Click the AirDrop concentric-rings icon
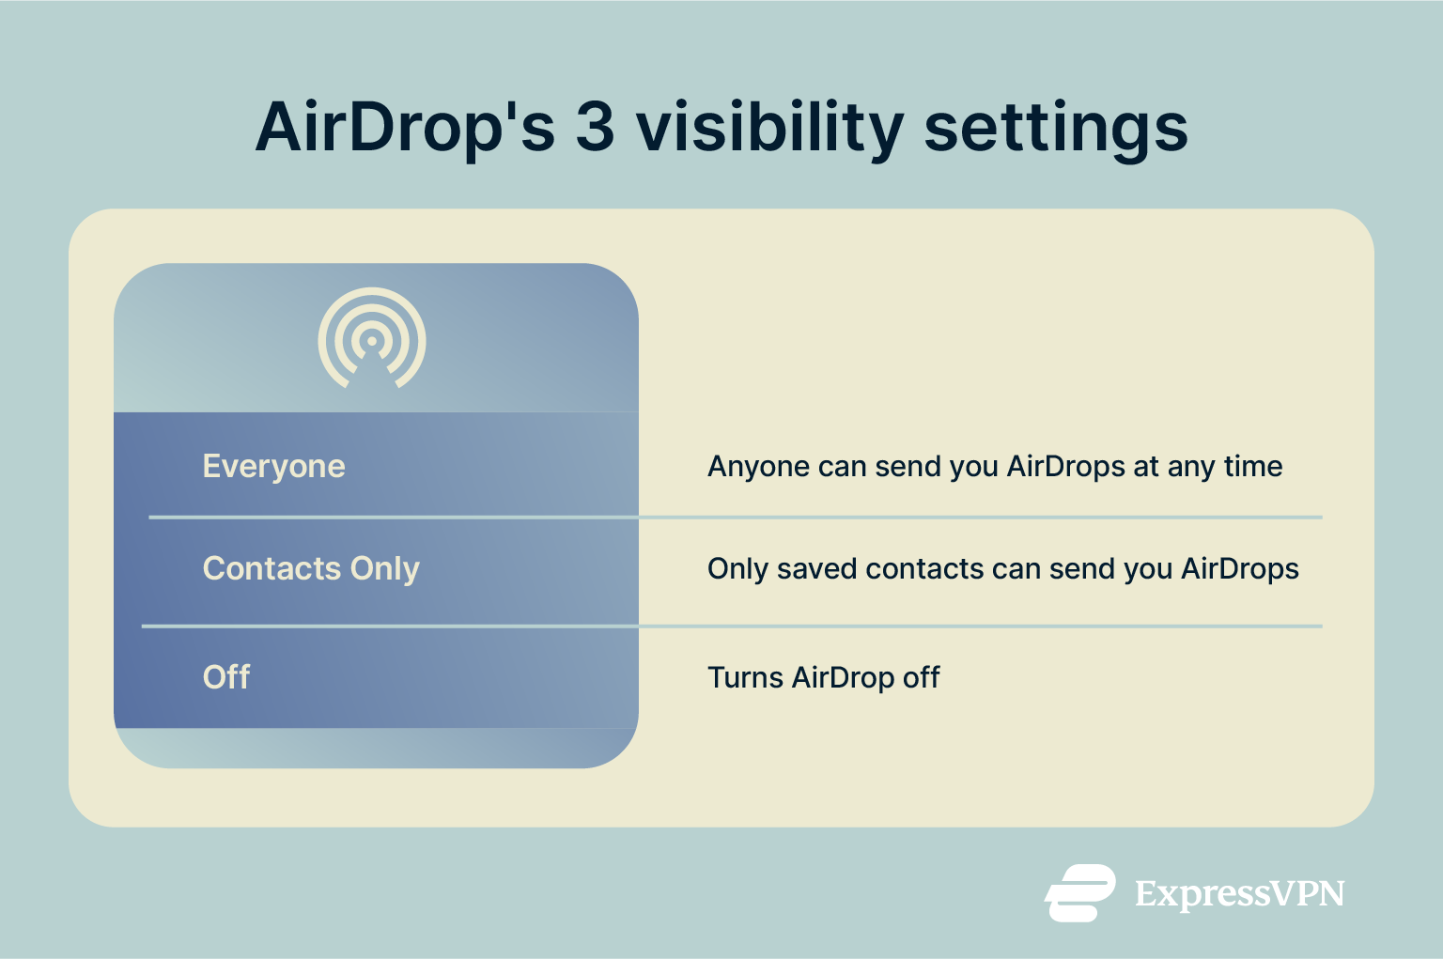click(372, 339)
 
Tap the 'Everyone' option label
click(273, 466)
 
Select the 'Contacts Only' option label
click(311, 568)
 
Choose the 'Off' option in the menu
click(226, 676)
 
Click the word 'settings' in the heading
click(1056, 128)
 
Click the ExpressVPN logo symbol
click(1080, 892)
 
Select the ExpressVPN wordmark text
click(1239, 893)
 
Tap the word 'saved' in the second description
click(816, 568)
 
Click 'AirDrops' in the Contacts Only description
click(1239, 568)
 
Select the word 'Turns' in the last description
click(745, 677)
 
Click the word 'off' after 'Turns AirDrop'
click(921, 677)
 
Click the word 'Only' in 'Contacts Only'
click(384, 569)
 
